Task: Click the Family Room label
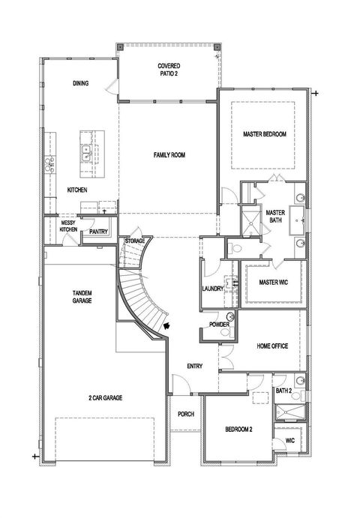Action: (x=169, y=154)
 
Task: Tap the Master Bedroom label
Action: (x=265, y=134)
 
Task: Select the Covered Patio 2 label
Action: (x=169, y=70)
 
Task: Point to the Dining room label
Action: (x=81, y=83)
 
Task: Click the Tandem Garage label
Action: (x=82, y=297)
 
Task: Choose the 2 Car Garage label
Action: (x=106, y=398)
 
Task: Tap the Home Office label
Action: (x=272, y=346)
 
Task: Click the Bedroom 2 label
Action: (x=238, y=430)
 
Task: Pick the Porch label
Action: (x=186, y=414)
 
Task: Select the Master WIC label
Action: (x=274, y=283)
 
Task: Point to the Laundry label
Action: (x=213, y=289)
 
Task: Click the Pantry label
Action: (x=98, y=232)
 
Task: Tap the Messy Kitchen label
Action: (x=68, y=226)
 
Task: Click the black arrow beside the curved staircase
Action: (x=167, y=326)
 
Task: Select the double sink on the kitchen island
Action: (x=86, y=154)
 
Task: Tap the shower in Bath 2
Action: (x=290, y=412)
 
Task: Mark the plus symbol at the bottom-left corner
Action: (x=35, y=457)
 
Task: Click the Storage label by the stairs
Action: (x=135, y=241)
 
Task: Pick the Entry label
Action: (x=195, y=366)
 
